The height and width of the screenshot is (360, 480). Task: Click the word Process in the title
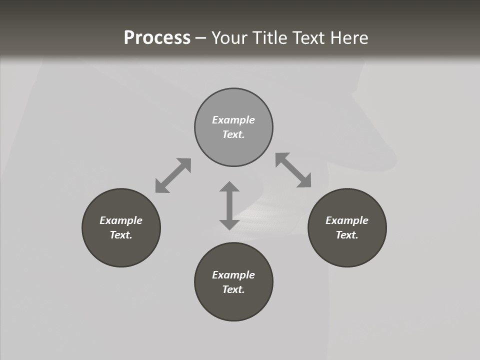click(x=157, y=38)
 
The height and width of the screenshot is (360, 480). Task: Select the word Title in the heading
click(x=270, y=38)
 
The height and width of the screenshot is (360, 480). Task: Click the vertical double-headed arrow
click(x=229, y=205)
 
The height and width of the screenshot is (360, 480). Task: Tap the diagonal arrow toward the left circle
click(x=173, y=175)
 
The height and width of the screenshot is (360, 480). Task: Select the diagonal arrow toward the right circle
click(x=293, y=170)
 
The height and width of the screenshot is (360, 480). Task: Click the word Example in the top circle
click(x=233, y=120)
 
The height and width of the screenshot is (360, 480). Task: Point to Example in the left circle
click(x=121, y=220)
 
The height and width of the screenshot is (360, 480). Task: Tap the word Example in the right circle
click(x=347, y=220)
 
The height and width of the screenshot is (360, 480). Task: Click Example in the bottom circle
click(x=233, y=275)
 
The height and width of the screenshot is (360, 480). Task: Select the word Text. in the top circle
click(x=233, y=134)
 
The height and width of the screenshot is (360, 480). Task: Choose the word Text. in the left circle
click(x=121, y=235)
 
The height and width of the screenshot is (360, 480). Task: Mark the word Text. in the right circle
click(x=347, y=235)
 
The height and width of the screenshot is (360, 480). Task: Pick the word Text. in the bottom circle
click(x=233, y=289)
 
